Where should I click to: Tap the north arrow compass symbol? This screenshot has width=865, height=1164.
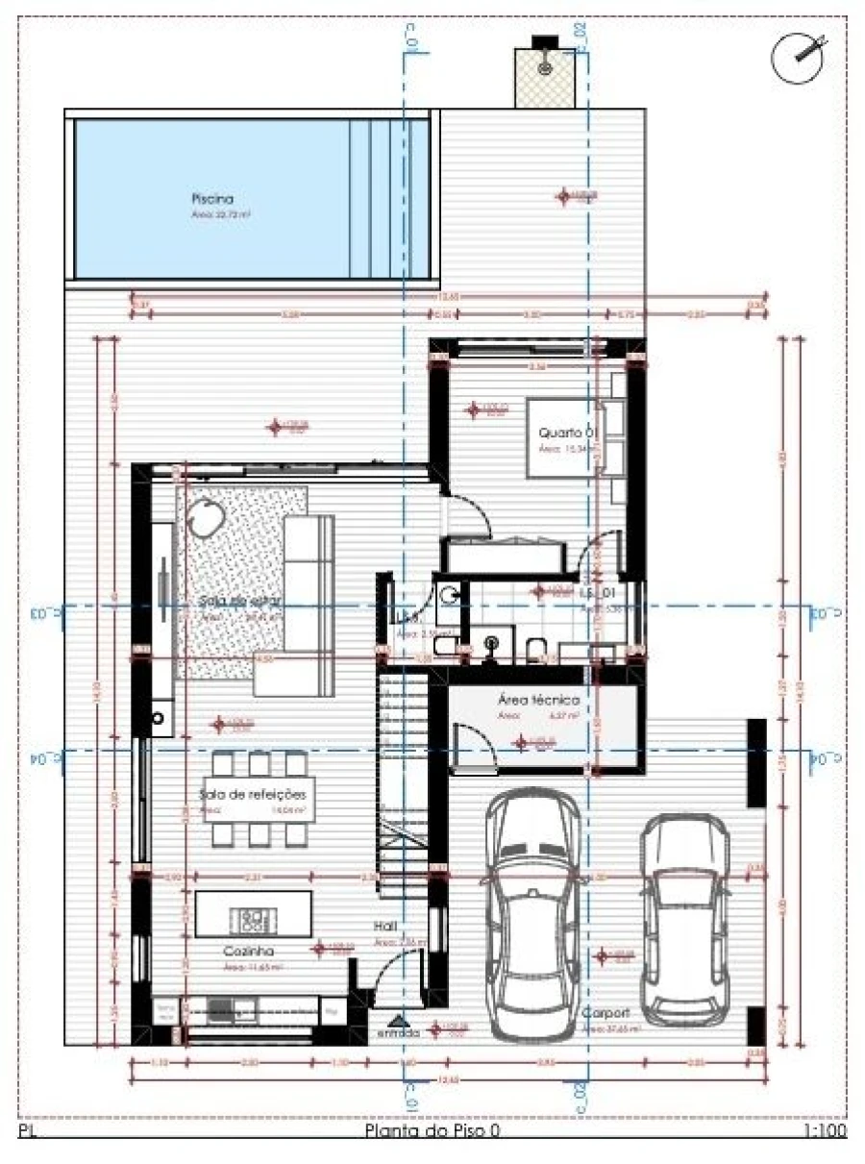pos(800,56)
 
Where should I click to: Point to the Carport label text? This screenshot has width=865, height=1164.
pos(605,1014)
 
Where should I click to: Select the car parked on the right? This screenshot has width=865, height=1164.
pos(685,918)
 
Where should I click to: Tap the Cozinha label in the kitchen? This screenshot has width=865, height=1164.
pos(244,951)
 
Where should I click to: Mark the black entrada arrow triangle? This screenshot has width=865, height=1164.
pos(398,1019)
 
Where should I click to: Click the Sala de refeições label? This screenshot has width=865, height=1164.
pos(252,795)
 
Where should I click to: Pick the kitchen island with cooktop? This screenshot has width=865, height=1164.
pos(253,914)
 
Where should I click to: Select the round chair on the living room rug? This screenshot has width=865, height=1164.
pos(205,520)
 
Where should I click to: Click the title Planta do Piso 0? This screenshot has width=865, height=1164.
pos(432,1131)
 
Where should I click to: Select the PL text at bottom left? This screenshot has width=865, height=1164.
pos(28,1131)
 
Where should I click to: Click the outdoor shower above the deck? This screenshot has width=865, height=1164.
pos(545,67)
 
